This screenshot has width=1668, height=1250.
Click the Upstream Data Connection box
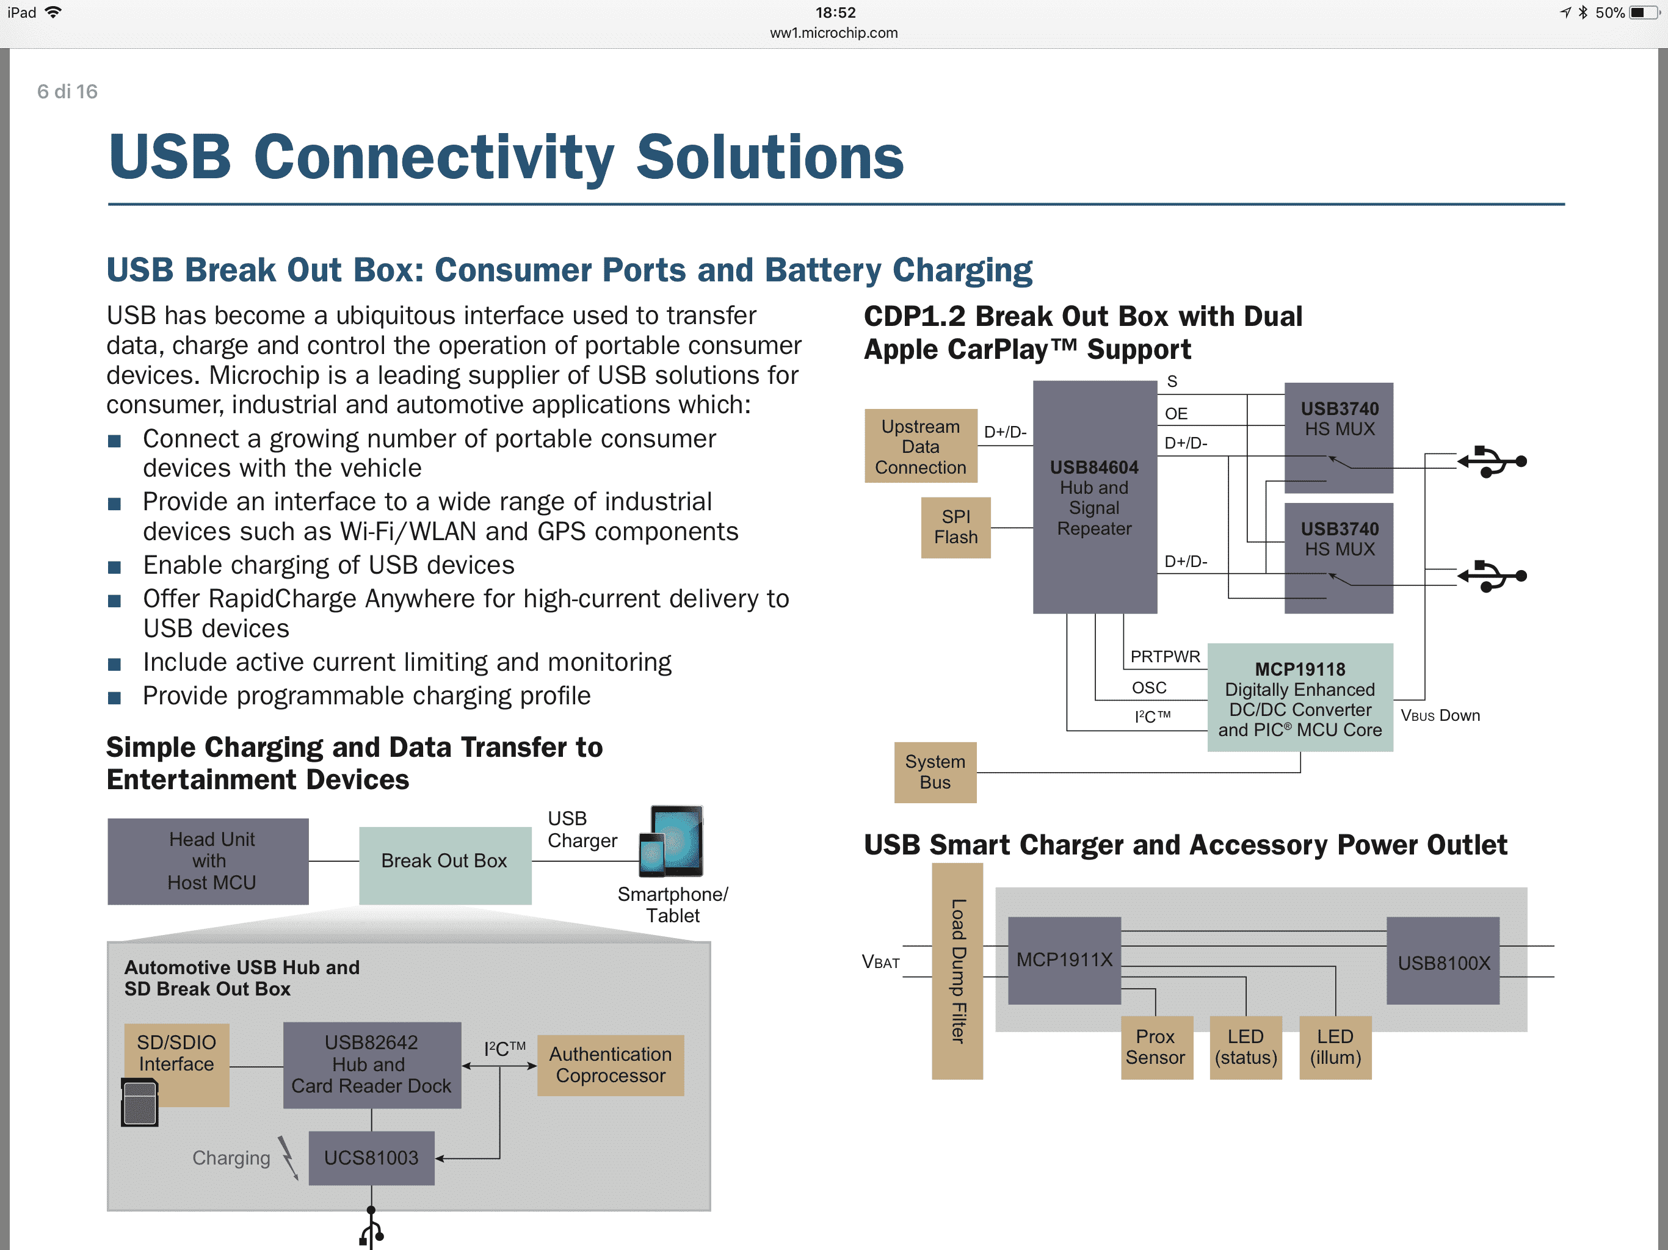[x=921, y=446]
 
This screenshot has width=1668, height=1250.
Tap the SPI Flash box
[x=955, y=527]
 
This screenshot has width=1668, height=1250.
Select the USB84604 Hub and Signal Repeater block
[x=1095, y=497]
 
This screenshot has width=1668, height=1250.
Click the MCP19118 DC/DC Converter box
[x=1300, y=698]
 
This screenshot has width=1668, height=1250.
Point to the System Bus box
[x=935, y=772]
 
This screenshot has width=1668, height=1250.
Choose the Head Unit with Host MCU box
[x=208, y=861]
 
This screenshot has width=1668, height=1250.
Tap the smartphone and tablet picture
[x=671, y=842]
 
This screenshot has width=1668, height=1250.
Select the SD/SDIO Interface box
[x=176, y=1064]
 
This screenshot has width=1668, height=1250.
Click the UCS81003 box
[x=371, y=1158]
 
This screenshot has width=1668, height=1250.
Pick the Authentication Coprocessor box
[x=611, y=1064]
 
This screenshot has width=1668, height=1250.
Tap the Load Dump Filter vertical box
[x=958, y=971]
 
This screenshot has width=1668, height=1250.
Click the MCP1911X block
[x=1065, y=959]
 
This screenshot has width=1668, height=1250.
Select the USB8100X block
[x=1443, y=961]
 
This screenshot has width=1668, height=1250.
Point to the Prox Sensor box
[x=1156, y=1047]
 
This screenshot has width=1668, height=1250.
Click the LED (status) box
[x=1246, y=1047]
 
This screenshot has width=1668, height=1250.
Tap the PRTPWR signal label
[x=1165, y=657]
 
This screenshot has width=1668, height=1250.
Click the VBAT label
[x=881, y=962]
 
